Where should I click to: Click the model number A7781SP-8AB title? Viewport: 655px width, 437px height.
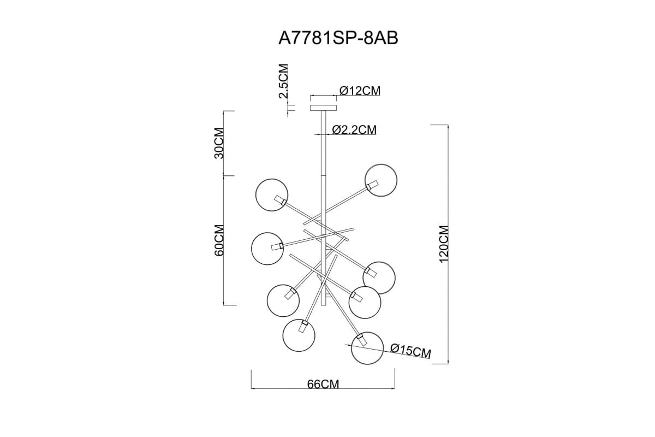[338, 38]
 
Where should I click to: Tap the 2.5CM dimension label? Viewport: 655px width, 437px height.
[284, 81]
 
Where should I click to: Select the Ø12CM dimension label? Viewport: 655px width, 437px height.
[360, 91]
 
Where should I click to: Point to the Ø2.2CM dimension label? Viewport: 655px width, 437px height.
[354, 129]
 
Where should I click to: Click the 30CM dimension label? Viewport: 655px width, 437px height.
[219, 143]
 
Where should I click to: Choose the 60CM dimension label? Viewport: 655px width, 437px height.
[219, 240]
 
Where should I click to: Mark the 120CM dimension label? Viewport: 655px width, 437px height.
[444, 244]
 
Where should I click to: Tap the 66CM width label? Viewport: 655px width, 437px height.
[323, 385]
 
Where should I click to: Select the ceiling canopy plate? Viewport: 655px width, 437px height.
[323, 108]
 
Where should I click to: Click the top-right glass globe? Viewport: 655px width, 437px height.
[381, 180]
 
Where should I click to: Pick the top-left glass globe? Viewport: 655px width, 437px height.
[272, 195]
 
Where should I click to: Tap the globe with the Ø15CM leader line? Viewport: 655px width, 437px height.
[367, 348]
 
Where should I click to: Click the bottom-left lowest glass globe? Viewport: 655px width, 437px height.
[299, 335]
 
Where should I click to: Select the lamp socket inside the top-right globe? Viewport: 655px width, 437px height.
[373, 186]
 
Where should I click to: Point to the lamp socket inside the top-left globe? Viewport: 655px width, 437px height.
[280, 200]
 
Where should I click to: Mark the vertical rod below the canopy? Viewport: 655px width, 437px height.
[323, 208]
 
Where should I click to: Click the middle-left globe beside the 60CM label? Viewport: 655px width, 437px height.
[267, 249]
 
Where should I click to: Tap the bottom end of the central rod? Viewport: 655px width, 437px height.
[323, 305]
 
